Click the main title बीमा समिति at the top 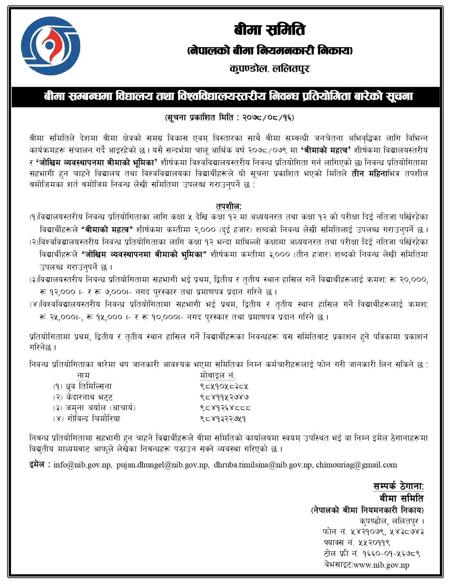269,30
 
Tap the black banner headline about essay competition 228,97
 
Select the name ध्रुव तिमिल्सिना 89,386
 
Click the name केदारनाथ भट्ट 89,397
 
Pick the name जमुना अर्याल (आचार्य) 101,408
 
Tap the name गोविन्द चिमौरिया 93,419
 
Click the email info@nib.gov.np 82,465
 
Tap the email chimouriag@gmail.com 356,465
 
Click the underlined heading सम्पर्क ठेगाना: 398,486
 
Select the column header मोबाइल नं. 218,375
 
